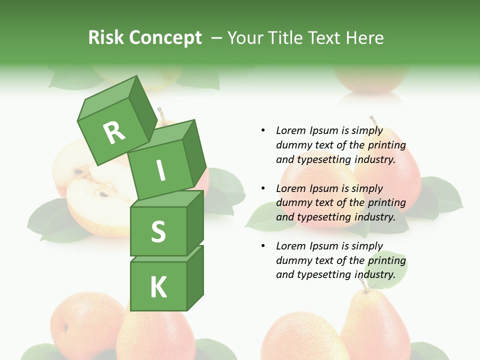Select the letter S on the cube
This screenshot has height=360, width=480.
[x=158, y=232]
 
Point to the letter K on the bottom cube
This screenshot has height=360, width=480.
[x=158, y=287]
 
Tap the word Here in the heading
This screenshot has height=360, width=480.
[x=363, y=38]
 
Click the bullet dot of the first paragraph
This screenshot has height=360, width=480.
[x=263, y=130]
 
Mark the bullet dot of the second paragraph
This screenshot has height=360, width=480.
[x=263, y=188]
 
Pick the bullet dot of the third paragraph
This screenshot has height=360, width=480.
[x=263, y=246]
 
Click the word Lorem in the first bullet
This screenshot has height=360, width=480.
[x=290, y=131]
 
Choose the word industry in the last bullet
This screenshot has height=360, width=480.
[x=376, y=274]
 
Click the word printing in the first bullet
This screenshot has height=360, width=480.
[x=386, y=145]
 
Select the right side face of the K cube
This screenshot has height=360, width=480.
[x=195, y=277]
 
